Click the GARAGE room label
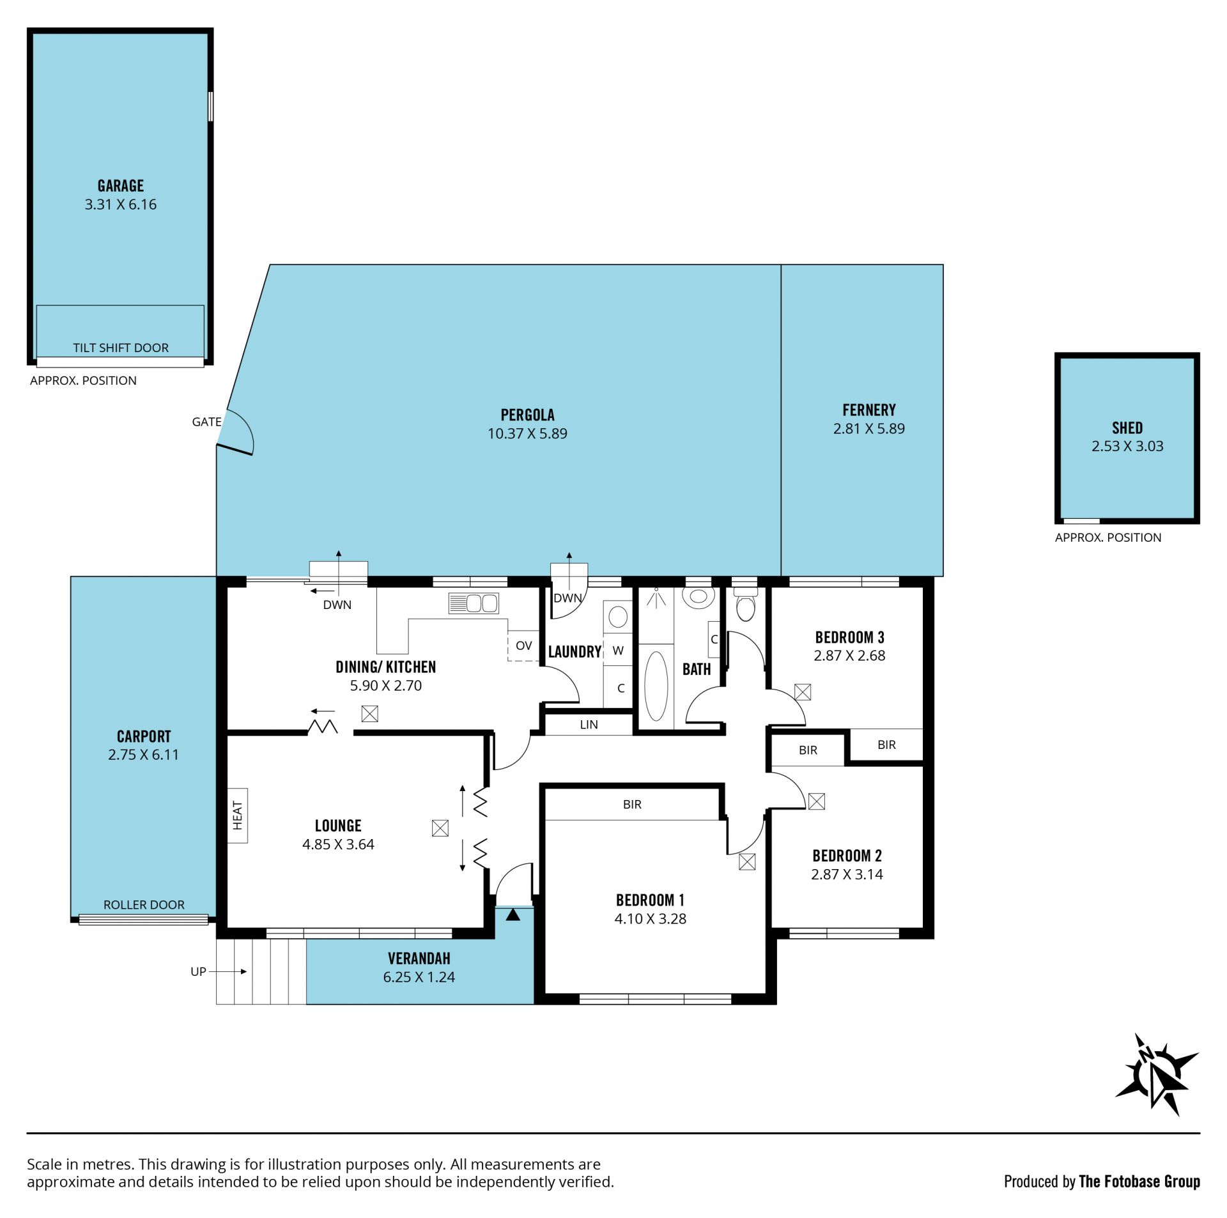click(x=121, y=186)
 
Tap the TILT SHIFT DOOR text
click(x=121, y=348)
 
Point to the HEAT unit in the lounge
click(x=238, y=815)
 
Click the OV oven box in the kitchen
click(x=523, y=645)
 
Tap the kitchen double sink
click(x=474, y=603)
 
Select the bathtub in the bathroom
click(x=656, y=686)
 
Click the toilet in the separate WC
click(x=745, y=605)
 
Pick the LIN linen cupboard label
click(x=589, y=725)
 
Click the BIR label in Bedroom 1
click(x=632, y=805)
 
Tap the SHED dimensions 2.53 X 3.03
click(x=1127, y=446)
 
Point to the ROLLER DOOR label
click(x=144, y=904)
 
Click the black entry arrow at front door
click(x=513, y=914)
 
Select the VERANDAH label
click(x=419, y=959)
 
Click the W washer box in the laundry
click(x=618, y=651)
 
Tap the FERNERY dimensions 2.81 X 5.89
click(x=869, y=428)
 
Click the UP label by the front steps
click(x=198, y=971)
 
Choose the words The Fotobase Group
click(x=1139, y=1182)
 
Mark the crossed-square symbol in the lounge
click(x=440, y=828)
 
